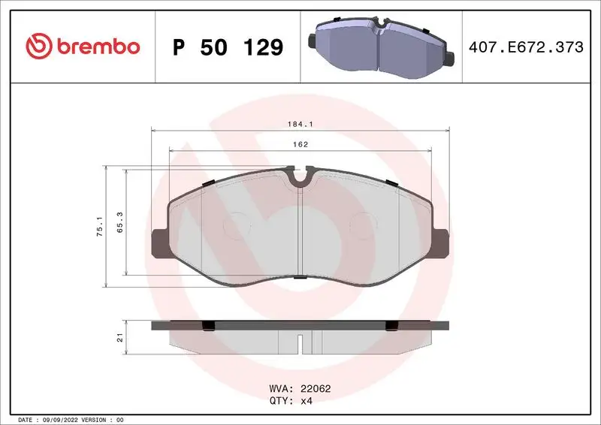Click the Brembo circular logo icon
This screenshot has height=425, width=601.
pyautogui.click(x=38, y=47)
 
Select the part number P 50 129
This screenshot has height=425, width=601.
pyautogui.click(x=228, y=47)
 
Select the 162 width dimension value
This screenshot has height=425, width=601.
pyautogui.click(x=300, y=144)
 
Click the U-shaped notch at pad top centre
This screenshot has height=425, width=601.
pyautogui.click(x=300, y=177)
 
